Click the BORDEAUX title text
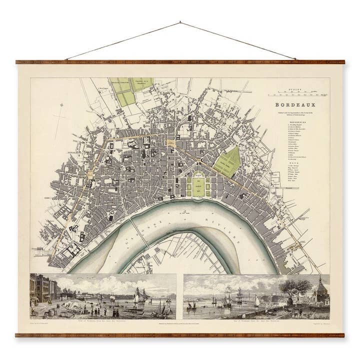coord(295,105)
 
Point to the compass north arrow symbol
coord(61,105)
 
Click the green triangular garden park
coord(226,161)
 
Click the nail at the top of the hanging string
coord(180,22)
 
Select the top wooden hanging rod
coord(180,62)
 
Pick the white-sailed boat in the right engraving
coord(256,301)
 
